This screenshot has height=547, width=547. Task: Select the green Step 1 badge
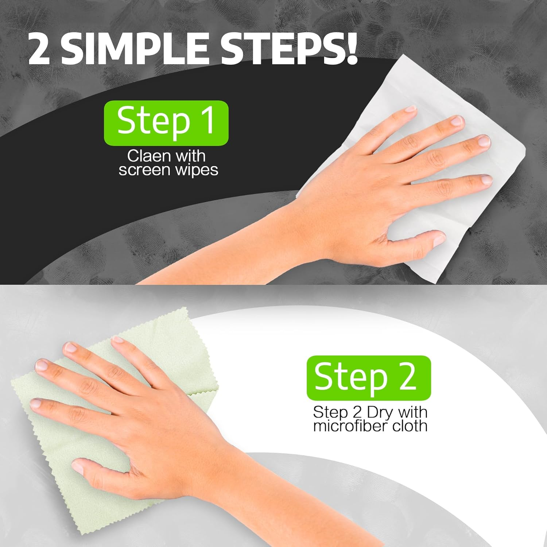[166, 123]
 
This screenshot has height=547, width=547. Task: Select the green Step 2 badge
[368, 378]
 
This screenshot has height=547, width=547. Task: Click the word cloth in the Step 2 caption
[410, 426]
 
